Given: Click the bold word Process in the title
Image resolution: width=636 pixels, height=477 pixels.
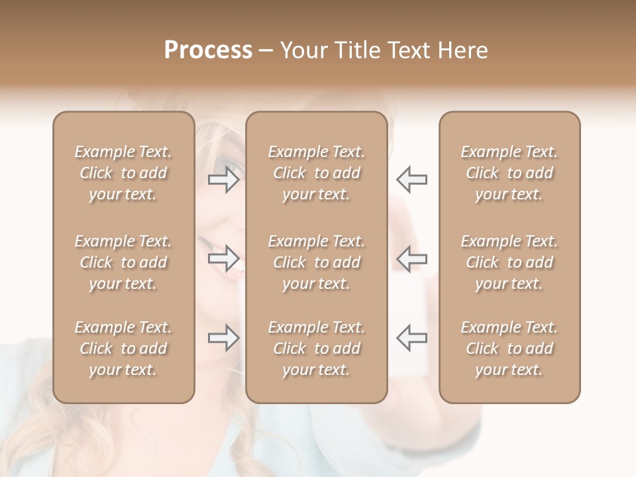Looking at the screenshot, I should (x=208, y=50).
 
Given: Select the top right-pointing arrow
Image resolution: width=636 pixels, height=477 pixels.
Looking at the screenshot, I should (x=224, y=179).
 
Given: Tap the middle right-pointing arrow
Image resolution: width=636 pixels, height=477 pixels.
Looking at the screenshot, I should (x=224, y=258).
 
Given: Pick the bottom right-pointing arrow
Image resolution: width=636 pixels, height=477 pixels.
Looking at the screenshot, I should (x=224, y=338).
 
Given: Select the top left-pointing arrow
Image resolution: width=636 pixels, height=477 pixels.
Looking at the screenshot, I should (x=411, y=179).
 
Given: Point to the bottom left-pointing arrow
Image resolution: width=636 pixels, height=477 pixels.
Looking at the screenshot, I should (x=411, y=338).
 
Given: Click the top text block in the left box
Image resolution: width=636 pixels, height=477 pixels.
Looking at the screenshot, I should (x=123, y=173).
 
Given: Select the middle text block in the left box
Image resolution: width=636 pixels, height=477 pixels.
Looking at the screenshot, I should (x=123, y=262).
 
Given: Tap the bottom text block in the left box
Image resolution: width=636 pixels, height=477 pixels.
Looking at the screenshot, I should (x=123, y=348).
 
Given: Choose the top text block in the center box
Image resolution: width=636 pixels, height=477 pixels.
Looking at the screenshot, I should (x=317, y=173).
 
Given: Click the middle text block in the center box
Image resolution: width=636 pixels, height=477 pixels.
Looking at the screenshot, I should (x=317, y=262).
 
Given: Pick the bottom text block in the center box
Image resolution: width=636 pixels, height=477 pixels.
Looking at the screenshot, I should (x=317, y=348).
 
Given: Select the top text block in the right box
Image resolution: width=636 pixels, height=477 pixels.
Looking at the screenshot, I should (x=509, y=173).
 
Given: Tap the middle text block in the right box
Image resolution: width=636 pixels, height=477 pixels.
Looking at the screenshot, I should (x=509, y=262).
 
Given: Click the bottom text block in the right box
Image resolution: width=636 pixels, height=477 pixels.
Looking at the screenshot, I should (x=509, y=348).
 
